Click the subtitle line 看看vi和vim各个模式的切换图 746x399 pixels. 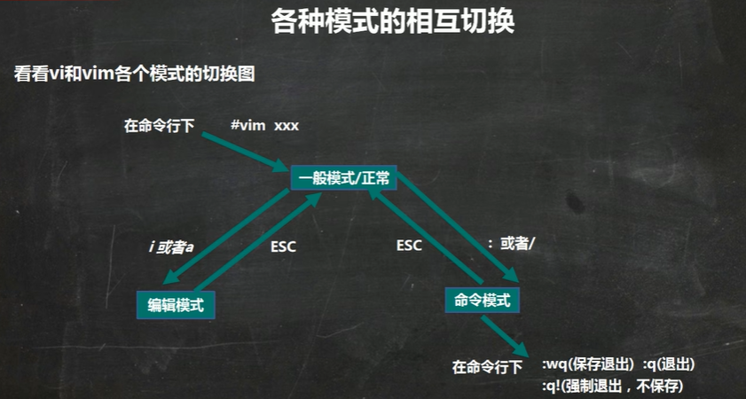click(x=135, y=74)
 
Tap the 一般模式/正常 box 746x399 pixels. click(x=342, y=177)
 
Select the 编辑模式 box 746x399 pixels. click(x=177, y=305)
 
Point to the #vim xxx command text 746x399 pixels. click(x=264, y=125)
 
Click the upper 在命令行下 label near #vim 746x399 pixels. click(x=160, y=126)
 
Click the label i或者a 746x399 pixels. click(x=171, y=246)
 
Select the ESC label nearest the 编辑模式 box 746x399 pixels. click(x=283, y=247)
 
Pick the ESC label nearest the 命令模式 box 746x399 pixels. click(x=409, y=246)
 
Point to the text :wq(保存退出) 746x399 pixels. click(x=586, y=364)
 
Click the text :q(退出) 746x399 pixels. click(x=668, y=364)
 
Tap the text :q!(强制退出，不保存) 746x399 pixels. click(x=613, y=386)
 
